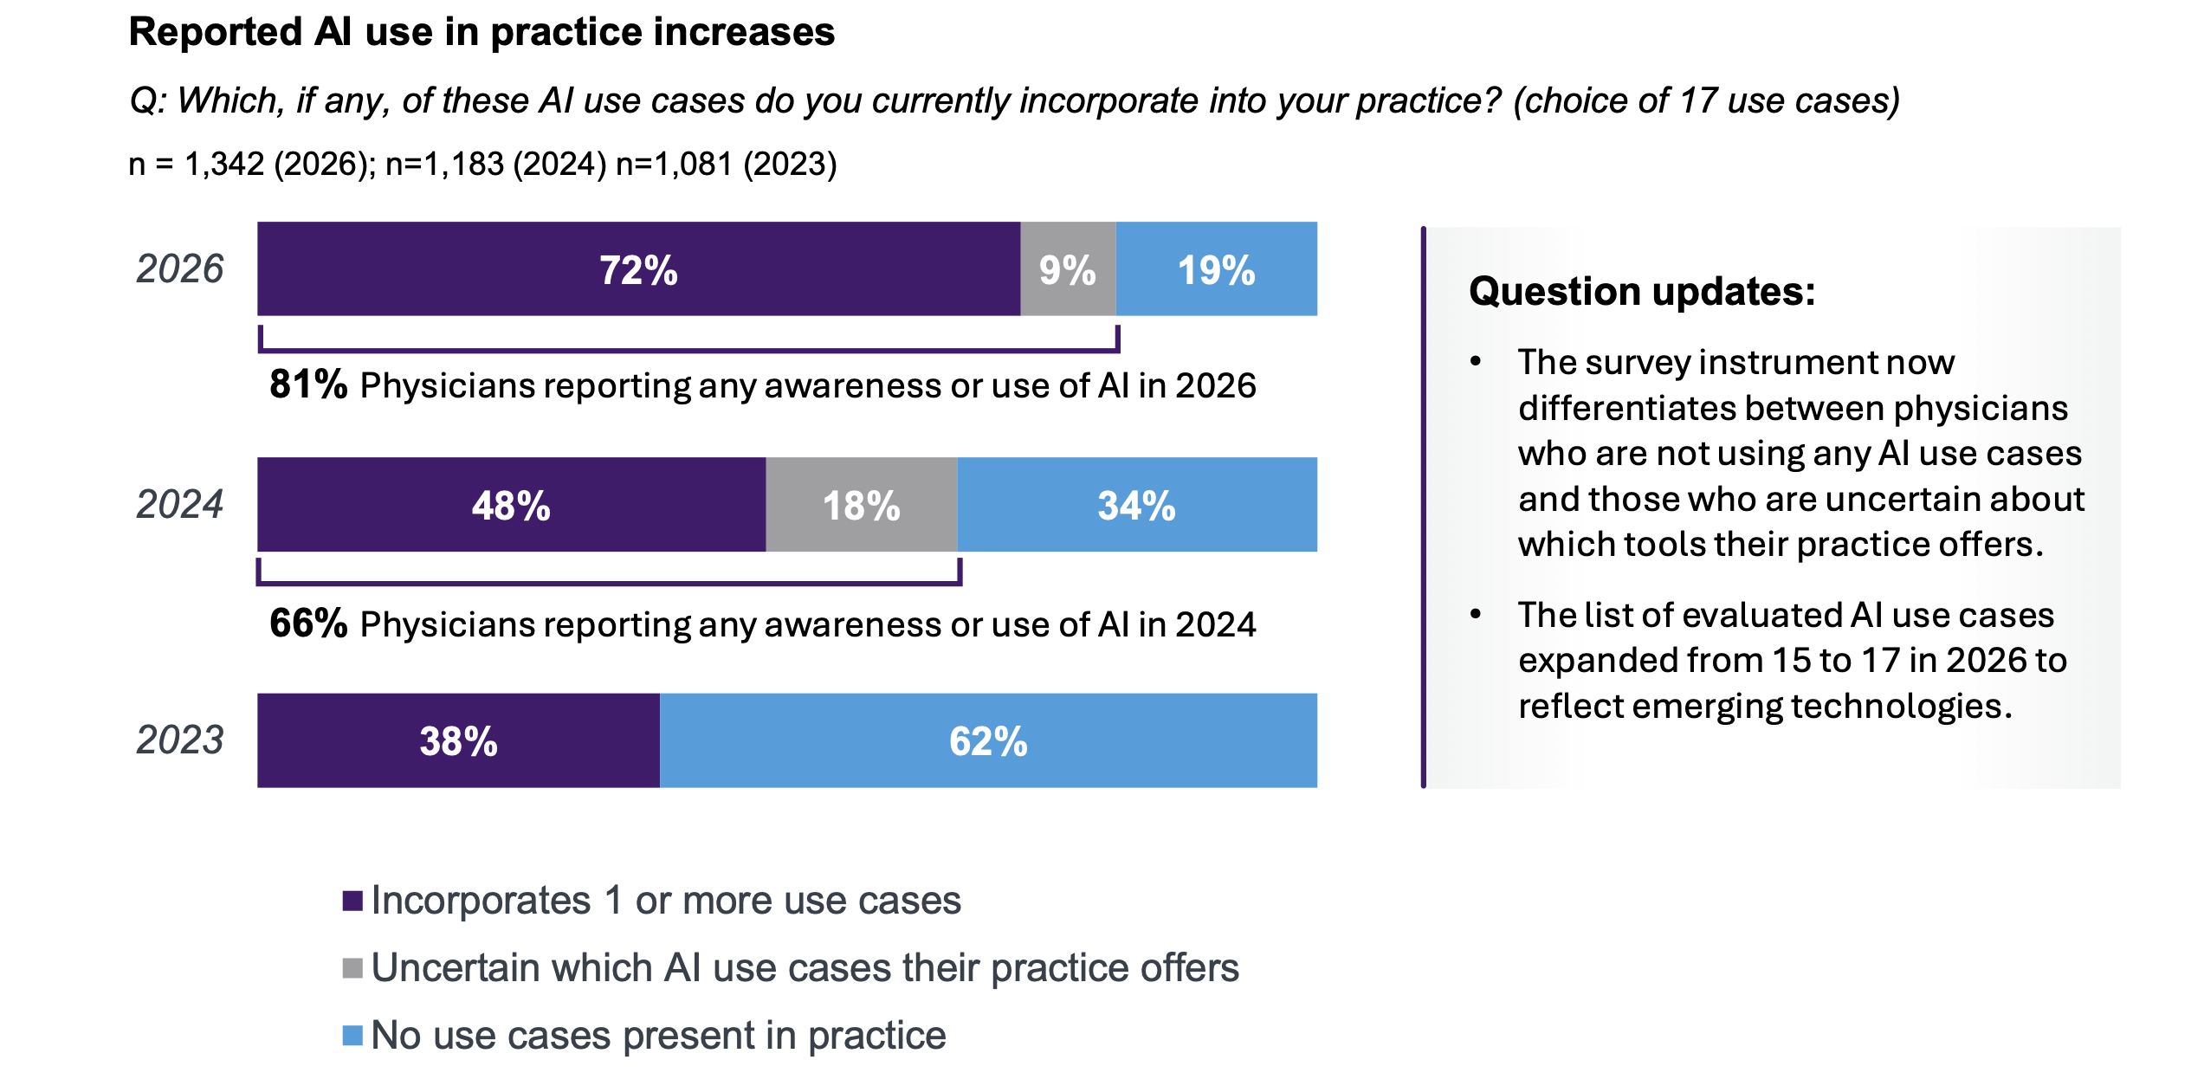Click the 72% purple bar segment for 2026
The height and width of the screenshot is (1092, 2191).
(638, 269)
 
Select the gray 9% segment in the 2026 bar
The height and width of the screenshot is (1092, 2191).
(1068, 269)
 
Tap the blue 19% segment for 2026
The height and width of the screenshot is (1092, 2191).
(1216, 269)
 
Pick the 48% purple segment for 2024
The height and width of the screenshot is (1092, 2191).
(511, 505)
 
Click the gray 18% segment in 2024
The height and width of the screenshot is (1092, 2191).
(862, 505)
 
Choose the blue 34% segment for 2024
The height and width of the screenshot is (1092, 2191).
(1136, 505)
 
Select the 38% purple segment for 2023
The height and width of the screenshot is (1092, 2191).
(458, 740)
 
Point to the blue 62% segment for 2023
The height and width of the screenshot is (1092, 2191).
(988, 740)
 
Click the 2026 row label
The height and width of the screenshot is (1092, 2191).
(180, 269)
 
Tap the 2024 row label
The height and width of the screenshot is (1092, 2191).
(180, 505)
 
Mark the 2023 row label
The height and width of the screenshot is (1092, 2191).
(180, 740)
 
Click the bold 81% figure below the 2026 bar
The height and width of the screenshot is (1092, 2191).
(308, 384)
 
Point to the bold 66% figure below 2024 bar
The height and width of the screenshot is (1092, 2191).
(308, 624)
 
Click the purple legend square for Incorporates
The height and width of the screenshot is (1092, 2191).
(352, 901)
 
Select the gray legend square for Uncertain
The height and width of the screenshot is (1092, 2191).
(352, 968)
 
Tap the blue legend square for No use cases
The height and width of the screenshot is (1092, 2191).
(352, 1036)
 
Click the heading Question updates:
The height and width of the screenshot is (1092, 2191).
(1642, 292)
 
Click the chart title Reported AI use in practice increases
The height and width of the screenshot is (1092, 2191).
(482, 33)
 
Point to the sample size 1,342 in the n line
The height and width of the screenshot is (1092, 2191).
(224, 165)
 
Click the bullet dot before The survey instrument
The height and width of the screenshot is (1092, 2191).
(1476, 361)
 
